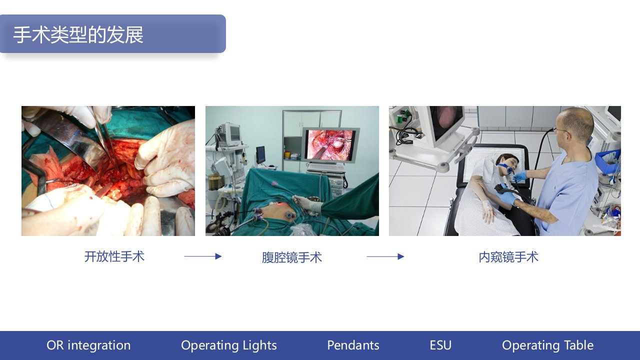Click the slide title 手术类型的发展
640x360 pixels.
78,35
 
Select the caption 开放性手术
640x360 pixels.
114,256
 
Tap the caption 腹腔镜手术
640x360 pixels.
291,257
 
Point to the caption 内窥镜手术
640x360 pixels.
508,257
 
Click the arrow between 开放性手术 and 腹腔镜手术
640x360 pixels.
203,256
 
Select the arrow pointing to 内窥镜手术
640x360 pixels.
385,256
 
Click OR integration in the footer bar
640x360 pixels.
88,345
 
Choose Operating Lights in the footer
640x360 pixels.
229,345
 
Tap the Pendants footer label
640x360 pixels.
353,345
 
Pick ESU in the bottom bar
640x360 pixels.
440,345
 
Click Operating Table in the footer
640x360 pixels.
547,345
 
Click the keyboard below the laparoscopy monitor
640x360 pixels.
325,167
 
